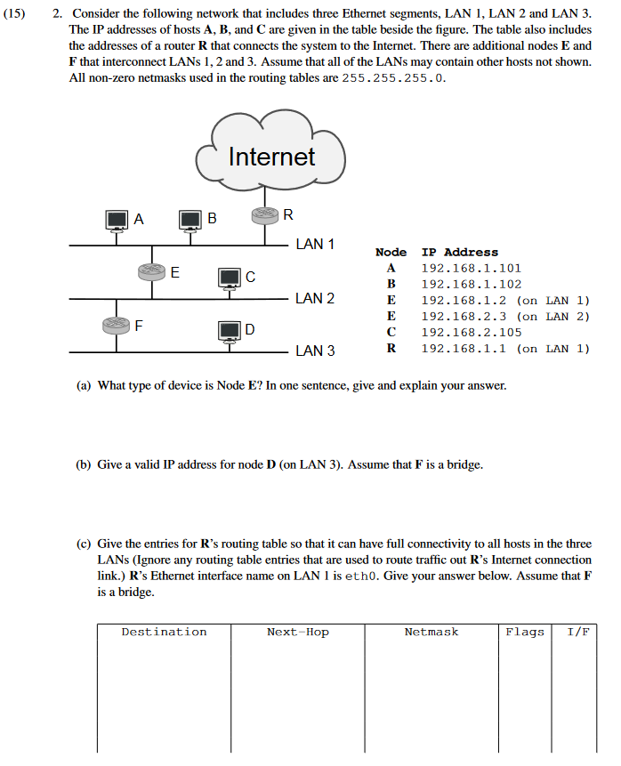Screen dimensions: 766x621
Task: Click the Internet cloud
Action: tap(271, 157)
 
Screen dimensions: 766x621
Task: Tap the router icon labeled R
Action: tap(265, 216)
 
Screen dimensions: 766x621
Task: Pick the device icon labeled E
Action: tap(152, 272)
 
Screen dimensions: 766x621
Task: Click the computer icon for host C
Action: tap(230, 278)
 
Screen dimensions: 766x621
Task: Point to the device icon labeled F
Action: tap(117, 325)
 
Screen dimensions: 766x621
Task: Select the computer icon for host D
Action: tap(230, 331)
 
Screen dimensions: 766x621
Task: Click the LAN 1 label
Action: tap(315, 244)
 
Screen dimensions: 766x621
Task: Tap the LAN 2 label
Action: tap(315, 298)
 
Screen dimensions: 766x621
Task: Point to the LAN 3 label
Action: tap(315, 351)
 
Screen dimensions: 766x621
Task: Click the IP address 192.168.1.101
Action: tap(471, 268)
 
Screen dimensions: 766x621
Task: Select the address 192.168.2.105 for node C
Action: tap(471, 332)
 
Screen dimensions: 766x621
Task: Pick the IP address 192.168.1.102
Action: tap(471, 284)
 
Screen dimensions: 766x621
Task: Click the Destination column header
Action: tap(164, 632)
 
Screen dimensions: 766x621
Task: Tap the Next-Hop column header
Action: tap(297, 632)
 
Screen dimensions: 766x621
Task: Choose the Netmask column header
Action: tap(431, 632)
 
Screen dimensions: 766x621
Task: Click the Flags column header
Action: tap(525, 632)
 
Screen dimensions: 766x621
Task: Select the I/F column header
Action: tap(578, 632)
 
